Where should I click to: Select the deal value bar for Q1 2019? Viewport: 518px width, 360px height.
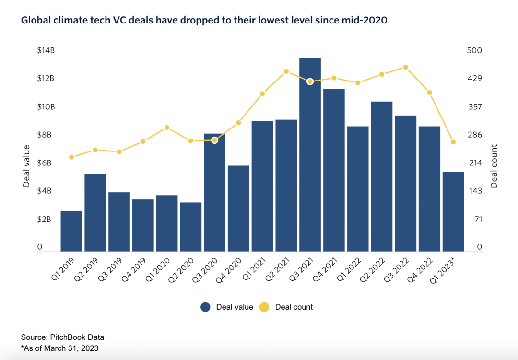(x=71, y=231)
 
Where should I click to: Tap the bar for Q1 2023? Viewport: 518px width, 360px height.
(x=453, y=211)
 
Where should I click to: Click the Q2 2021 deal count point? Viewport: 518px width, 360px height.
(x=286, y=71)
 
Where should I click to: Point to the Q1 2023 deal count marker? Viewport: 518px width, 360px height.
(x=453, y=142)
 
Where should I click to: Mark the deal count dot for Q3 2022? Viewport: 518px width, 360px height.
(x=406, y=67)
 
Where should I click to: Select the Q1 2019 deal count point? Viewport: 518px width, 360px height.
(x=71, y=157)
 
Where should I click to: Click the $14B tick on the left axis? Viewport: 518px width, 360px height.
(x=46, y=50)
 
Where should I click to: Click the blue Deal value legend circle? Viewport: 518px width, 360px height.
(x=206, y=307)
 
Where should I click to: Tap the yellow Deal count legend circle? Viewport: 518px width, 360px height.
(x=265, y=307)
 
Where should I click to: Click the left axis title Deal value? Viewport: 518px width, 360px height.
(x=27, y=166)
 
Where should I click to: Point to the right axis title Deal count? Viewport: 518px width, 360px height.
(x=494, y=166)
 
